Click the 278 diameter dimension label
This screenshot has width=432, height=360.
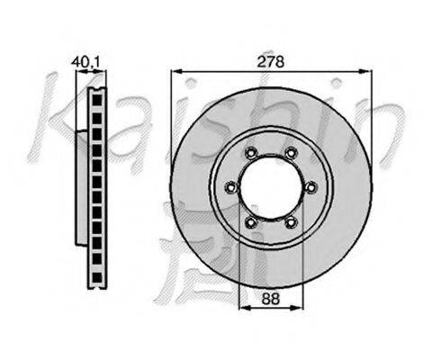[271, 62]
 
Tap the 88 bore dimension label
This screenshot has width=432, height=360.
[271, 299]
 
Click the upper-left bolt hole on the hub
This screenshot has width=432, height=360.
[251, 153]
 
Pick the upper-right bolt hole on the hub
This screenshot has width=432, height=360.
[291, 153]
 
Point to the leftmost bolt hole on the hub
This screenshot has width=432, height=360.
[231, 188]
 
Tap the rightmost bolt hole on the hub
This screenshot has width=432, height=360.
[310, 188]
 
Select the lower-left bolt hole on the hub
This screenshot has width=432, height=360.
[251, 222]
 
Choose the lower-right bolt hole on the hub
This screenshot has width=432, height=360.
[291, 222]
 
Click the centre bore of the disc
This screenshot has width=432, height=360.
[271, 188]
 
